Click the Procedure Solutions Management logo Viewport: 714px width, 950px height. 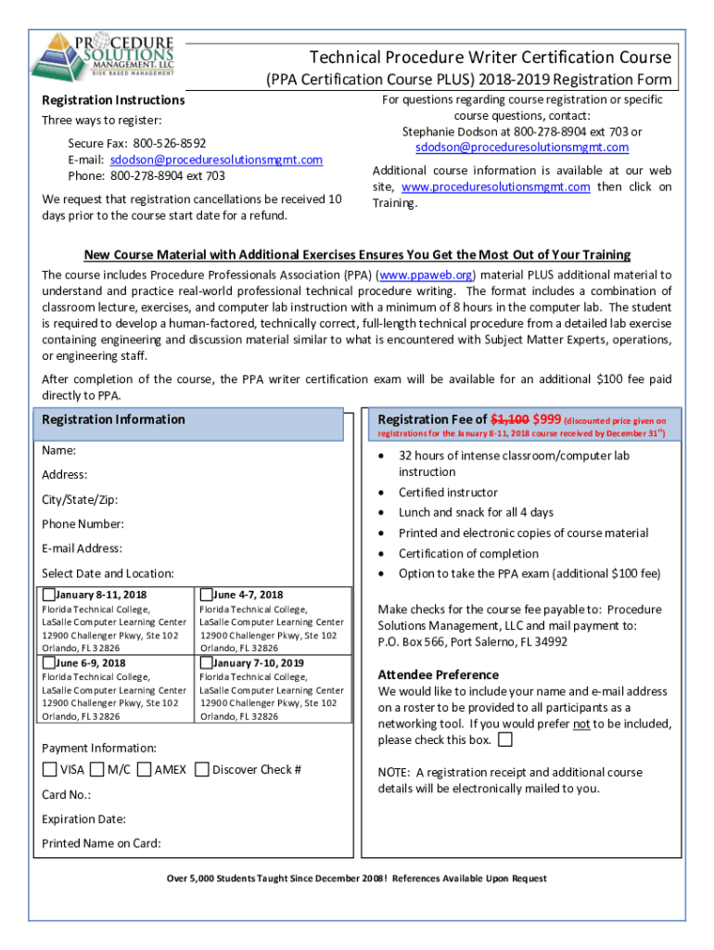click(x=103, y=57)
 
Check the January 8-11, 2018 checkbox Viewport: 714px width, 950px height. click(x=49, y=595)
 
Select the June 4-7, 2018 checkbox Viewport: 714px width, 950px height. click(x=206, y=595)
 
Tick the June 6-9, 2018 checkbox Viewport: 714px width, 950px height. click(x=49, y=663)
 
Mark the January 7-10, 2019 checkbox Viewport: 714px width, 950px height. click(x=206, y=663)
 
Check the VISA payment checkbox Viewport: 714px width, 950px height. click(x=49, y=769)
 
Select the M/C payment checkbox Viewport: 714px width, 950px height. click(x=97, y=769)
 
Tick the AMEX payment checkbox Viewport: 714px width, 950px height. click(x=144, y=769)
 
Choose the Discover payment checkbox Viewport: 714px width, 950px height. click(x=202, y=769)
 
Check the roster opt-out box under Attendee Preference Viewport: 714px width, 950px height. click(x=504, y=740)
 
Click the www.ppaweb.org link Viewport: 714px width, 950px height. click(x=425, y=275)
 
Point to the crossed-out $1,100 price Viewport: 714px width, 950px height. click(x=509, y=418)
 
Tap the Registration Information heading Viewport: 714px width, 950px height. click(x=113, y=419)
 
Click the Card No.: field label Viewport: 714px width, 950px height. click(x=66, y=794)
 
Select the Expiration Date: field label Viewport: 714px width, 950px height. click(x=83, y=819)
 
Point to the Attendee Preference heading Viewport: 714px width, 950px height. click(x=439, y=674)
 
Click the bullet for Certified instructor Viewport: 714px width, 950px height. click(x=383, y=493)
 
